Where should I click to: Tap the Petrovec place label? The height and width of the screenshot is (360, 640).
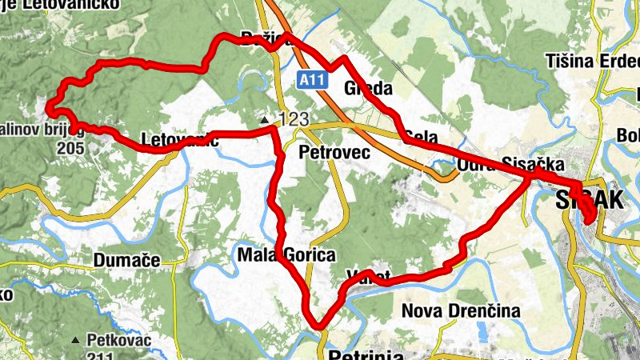tap(334, 152)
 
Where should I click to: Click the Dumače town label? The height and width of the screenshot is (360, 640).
tap(127, 260)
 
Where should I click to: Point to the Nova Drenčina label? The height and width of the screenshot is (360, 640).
tap(462, 310)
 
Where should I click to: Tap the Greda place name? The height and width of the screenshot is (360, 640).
tap(366, 88)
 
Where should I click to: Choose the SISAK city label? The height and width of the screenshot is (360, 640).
tap(590, 201)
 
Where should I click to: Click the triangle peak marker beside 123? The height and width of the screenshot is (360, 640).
tap(265, 120)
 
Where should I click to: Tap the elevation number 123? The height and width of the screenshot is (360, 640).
tap(294, 119)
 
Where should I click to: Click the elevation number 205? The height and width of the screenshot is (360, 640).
tap(70, 148)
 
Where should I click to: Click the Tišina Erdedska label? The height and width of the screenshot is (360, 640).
tap(592, 61)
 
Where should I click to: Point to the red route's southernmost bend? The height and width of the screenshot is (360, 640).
tap(320, 326)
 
